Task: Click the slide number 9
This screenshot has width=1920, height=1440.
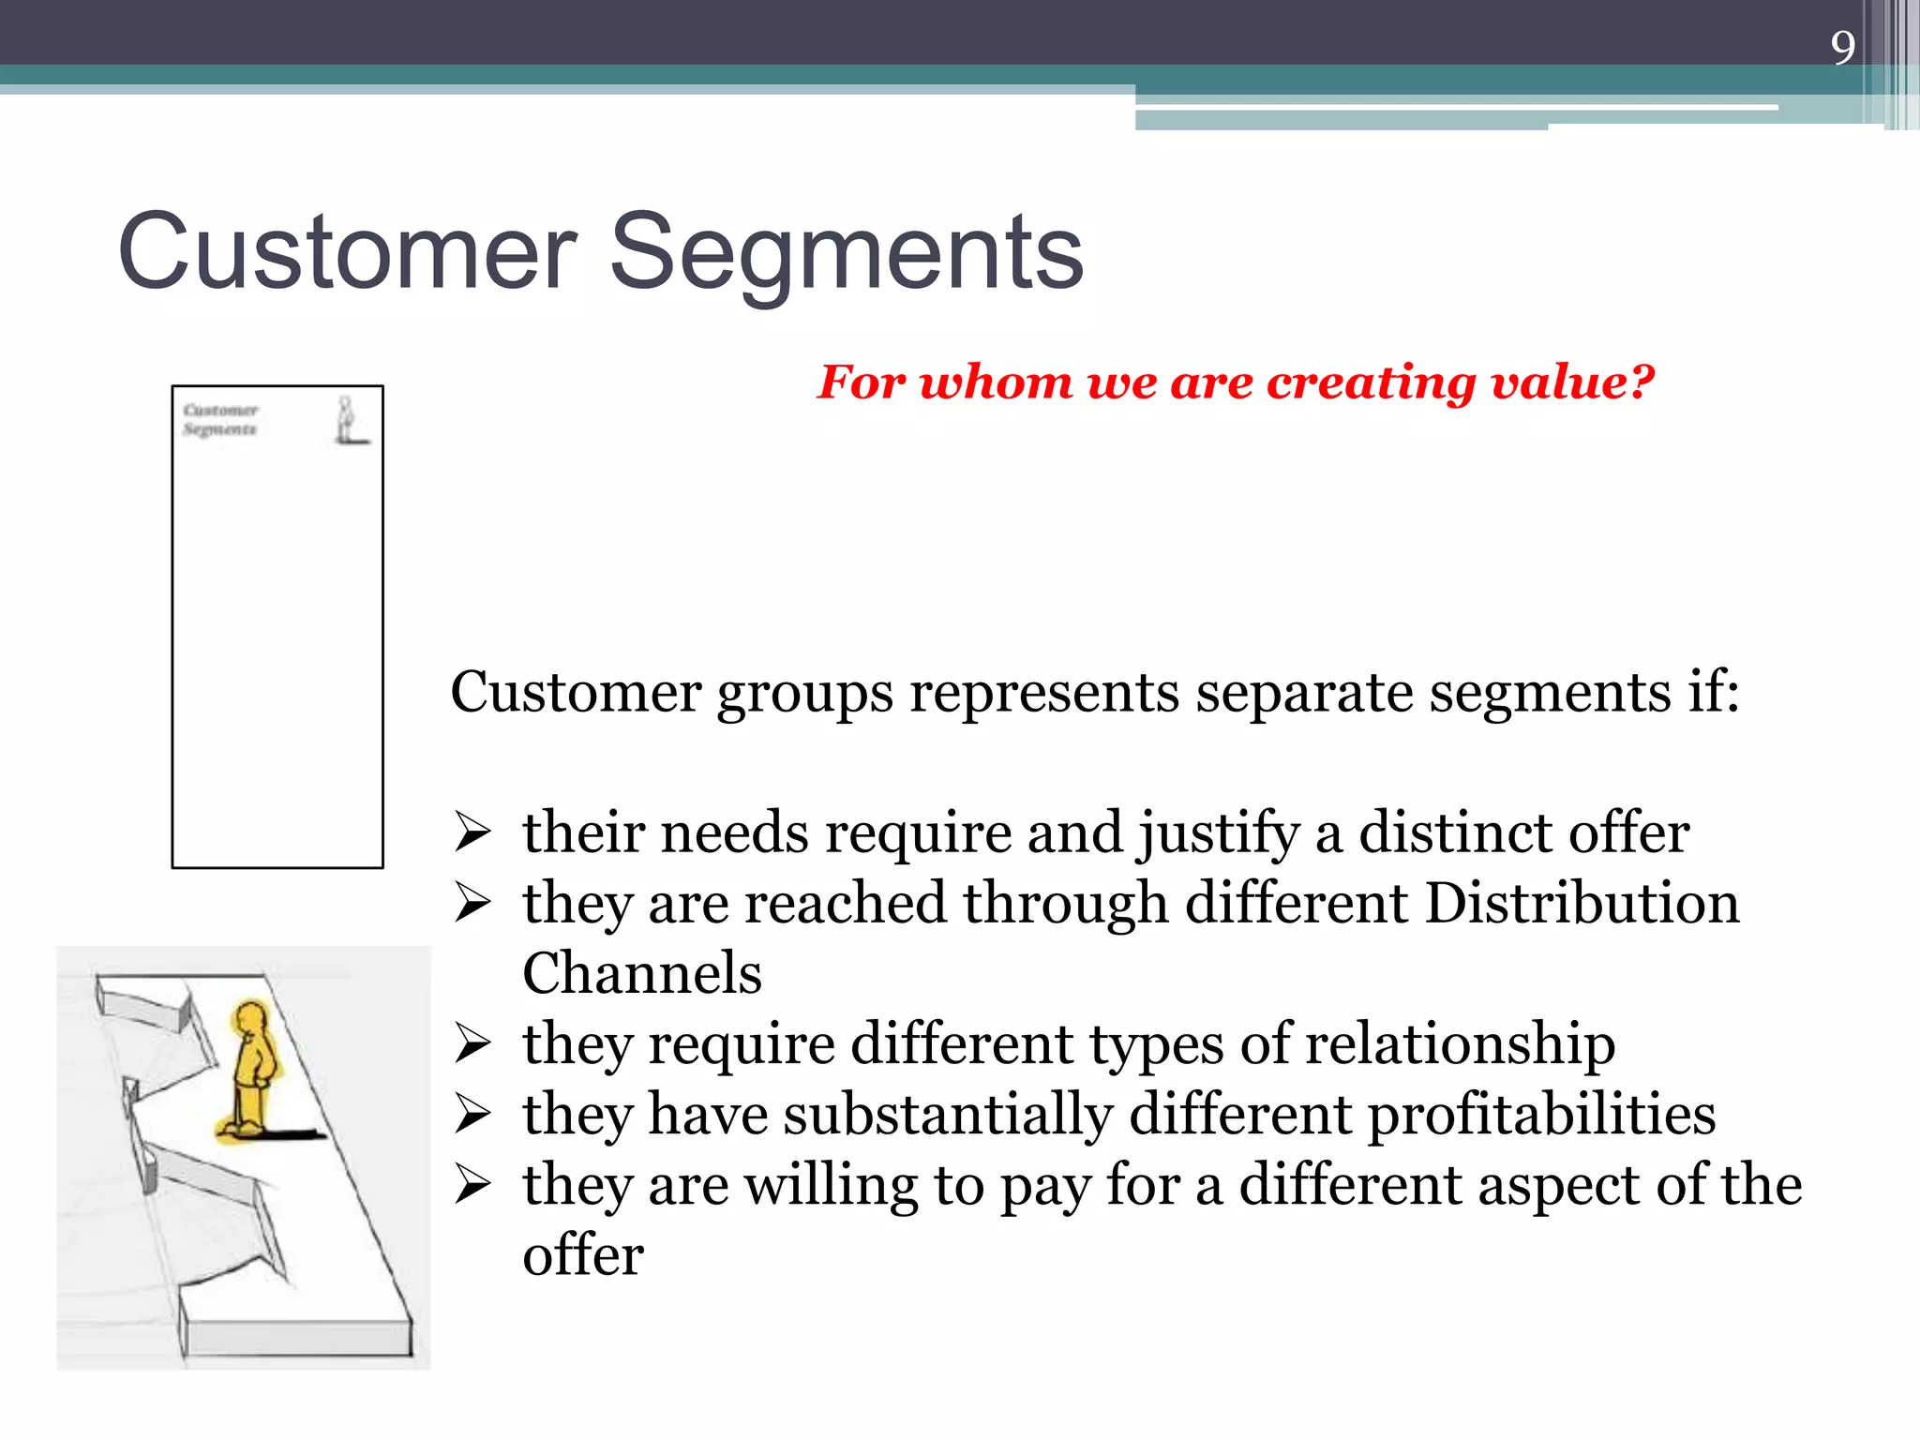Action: tap(1842, 47)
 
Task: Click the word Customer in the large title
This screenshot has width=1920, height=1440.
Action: tap(346, 251)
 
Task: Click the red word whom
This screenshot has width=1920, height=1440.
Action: tap(995, 382)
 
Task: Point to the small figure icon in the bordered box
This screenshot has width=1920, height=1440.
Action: tap(348, 420)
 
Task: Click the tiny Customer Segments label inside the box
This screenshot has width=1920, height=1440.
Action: tap(220, 419)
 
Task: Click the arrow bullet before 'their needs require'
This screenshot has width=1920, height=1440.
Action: tap(472, 832)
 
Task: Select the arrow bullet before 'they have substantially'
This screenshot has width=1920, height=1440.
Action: tap(472, 1115)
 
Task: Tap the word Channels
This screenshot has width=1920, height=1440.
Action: tap(641, 973)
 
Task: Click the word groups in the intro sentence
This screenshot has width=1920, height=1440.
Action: tap(804, 694)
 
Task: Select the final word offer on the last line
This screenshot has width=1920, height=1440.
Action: tap(582, 1255)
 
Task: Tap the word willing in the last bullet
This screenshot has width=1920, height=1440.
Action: tap(831, 1186)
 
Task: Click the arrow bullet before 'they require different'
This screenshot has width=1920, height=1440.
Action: tap(472, 1043)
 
